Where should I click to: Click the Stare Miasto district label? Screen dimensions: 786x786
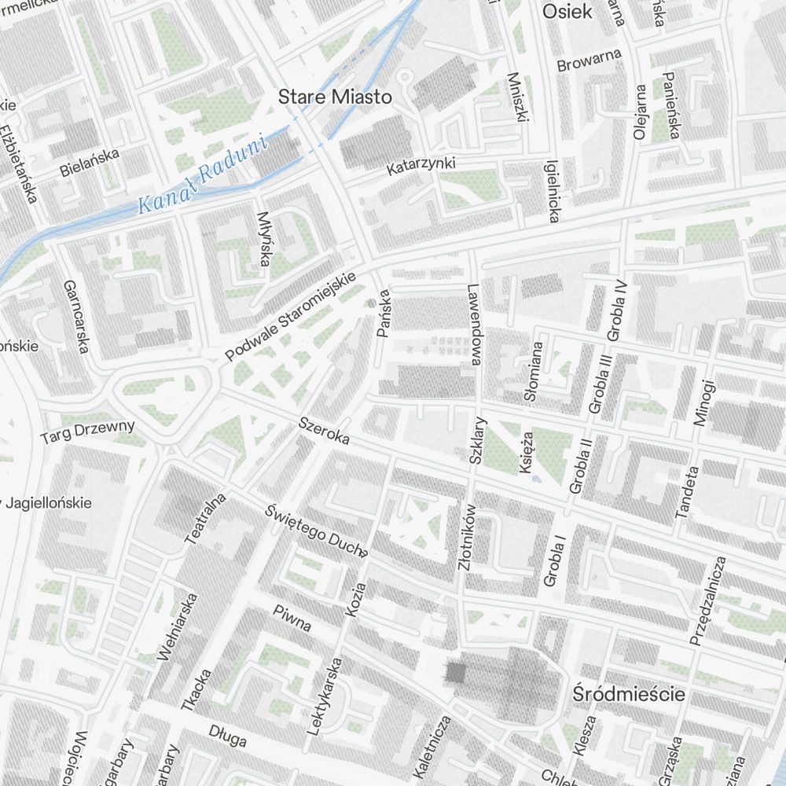tap(335, 97)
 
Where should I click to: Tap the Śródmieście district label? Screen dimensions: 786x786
tap(629, 695)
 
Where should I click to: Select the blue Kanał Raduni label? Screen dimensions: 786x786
tap(202, 175)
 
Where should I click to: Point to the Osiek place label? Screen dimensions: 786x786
tap(567, 12)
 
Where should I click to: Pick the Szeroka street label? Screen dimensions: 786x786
tap(324, 432)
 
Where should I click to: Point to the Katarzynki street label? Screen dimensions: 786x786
tap(421, 165)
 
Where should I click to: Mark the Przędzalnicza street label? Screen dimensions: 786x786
tap(707, 601)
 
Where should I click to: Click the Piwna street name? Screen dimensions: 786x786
tap(292, 619)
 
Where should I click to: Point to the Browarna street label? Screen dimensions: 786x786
tap(589, 61)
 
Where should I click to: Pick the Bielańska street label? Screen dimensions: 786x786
tap(90, 161)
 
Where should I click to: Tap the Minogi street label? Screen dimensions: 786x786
tap(704, 402)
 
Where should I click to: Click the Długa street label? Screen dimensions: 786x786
tap(228, 736)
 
